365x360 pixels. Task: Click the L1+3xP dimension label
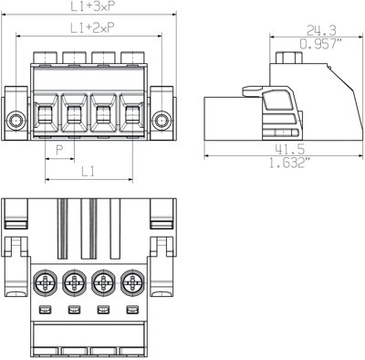pos(89,6)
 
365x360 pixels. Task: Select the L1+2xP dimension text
pos(89,29)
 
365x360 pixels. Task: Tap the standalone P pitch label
pos(59,149)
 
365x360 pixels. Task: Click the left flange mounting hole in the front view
pos(16,120)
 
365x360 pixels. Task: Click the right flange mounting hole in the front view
pos(162,120)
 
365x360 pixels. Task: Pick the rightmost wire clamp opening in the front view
pos(132,115)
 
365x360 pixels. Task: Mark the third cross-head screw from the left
pos(104,284)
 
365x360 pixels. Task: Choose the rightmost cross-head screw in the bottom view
pos(133,284)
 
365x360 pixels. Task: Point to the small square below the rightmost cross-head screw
pos(133,312)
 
